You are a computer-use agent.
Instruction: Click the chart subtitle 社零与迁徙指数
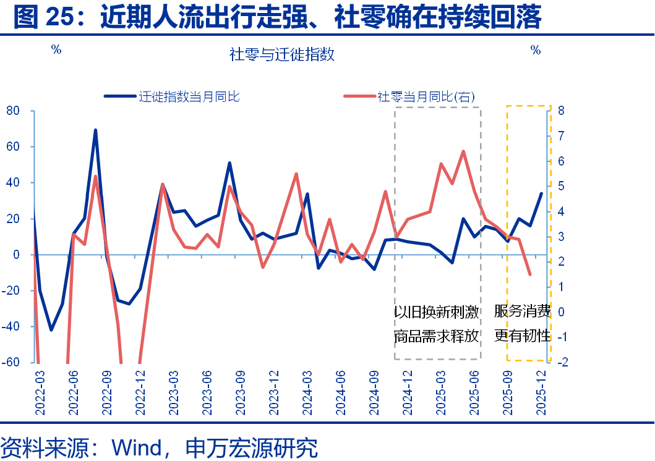pos(282,54)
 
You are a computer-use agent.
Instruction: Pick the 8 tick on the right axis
pos(560,111)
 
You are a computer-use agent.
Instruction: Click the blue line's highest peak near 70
pos(95,130)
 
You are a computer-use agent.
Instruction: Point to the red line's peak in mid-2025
pos(463,151)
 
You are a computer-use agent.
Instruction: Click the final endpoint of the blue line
pos(541,193)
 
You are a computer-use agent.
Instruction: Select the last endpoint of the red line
pos(529,274)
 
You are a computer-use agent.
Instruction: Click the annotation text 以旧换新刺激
pos(437,311)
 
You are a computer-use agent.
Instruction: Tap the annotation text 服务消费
pos(522,311)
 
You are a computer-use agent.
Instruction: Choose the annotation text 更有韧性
pos(522,336)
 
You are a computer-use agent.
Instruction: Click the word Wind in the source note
pos(135,447)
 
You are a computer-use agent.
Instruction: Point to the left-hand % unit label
pos(56,50)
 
